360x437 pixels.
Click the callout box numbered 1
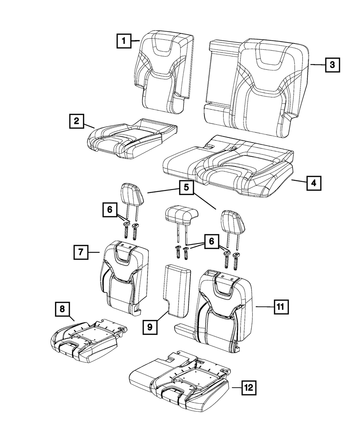[x=123, y=41]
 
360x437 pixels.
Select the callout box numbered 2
[x=76, y=122]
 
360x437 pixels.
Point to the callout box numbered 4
[x=314, y=183]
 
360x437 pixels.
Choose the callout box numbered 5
[x=186, y=187]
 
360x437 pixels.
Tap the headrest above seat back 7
[x=132, y=196]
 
